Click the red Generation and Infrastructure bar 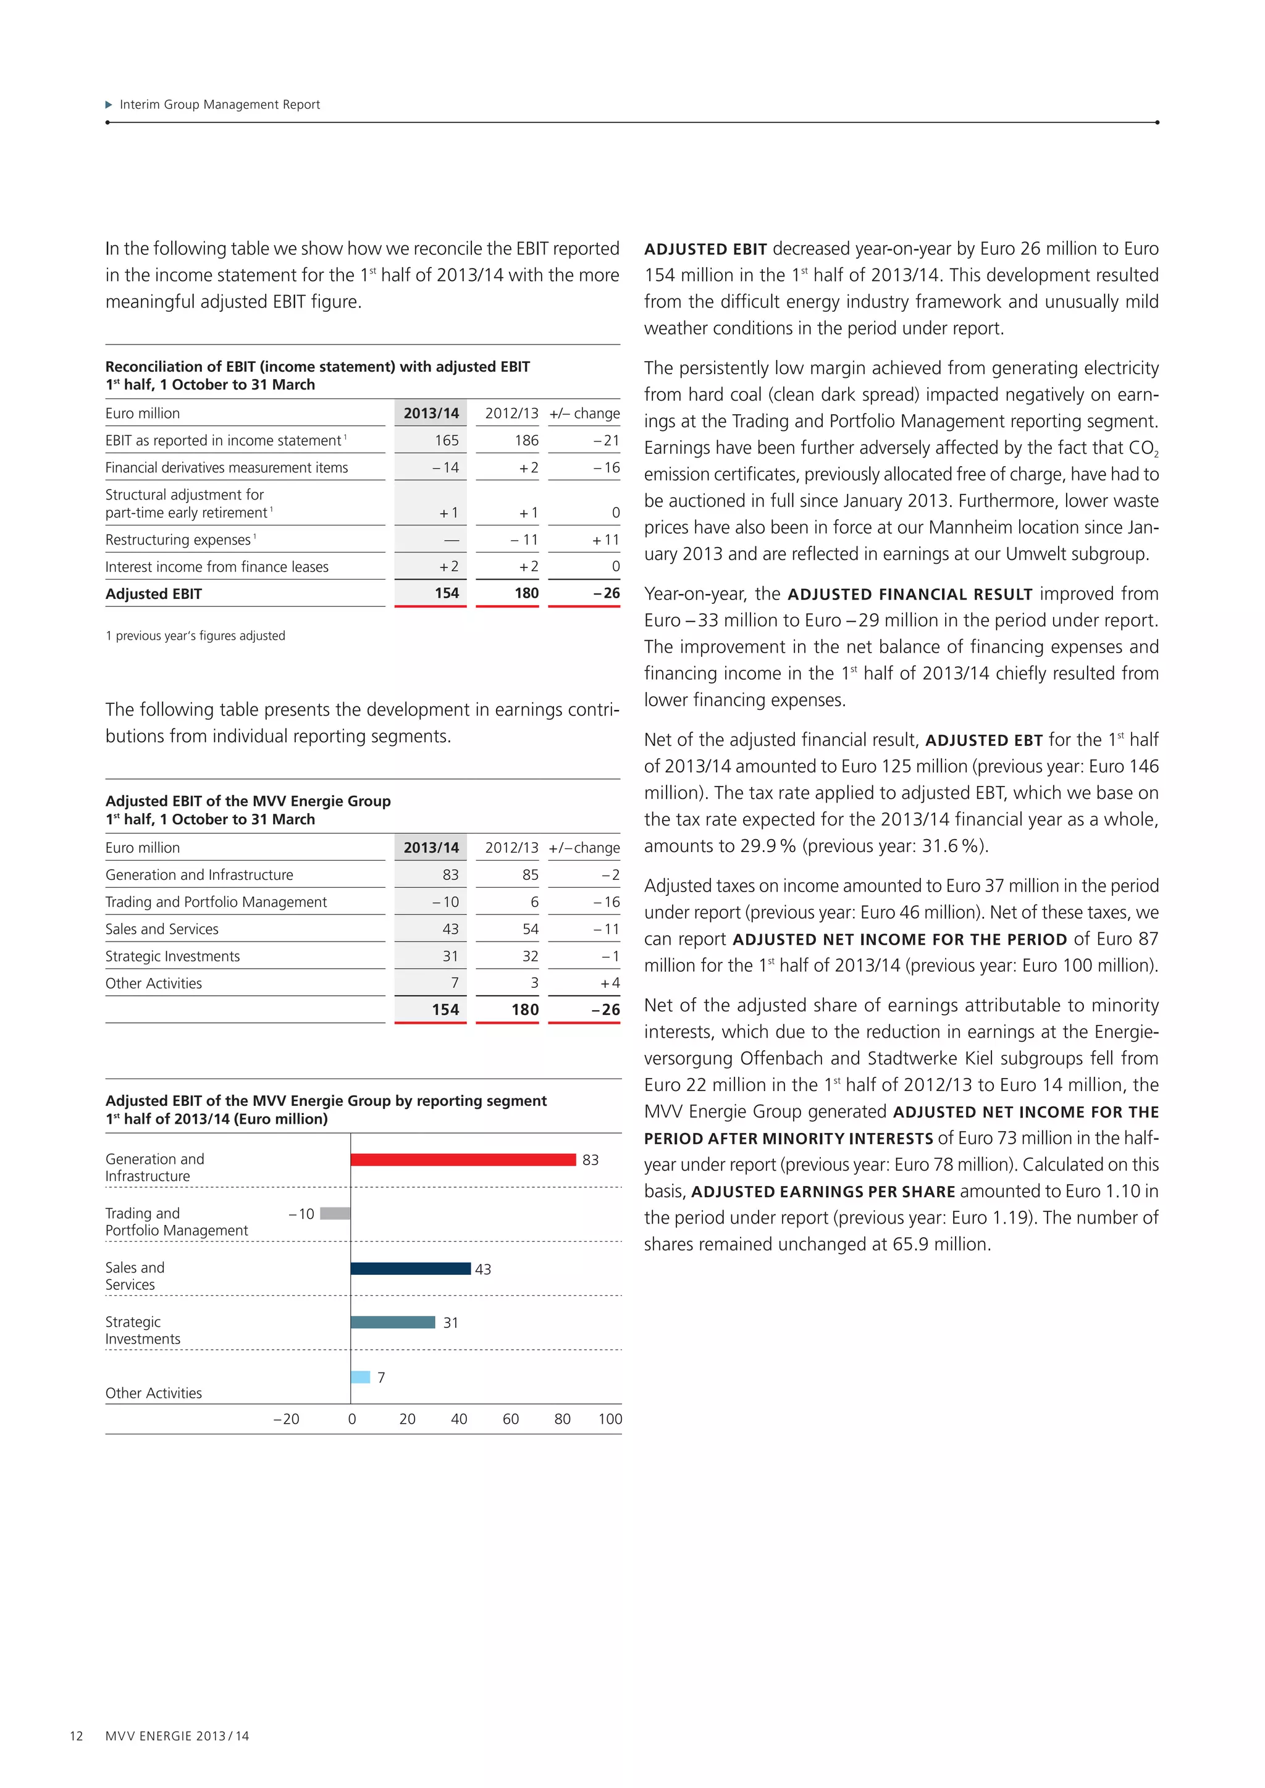coord(463,1159)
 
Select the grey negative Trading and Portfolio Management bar coord(335,1213)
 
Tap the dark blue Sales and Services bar coord(411,1269)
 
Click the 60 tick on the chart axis coord(511,1419)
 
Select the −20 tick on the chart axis coord(286,1419)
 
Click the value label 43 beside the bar coord(483,1269)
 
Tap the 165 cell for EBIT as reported coord(447,440)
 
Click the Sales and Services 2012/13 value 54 coord(531,929)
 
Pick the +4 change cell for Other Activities coord(610,984)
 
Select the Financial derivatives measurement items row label coord(227,467)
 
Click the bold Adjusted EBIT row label coord(153,594)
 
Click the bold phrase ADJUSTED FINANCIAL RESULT coord(910,594)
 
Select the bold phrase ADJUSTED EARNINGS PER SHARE coord(823,1192)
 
